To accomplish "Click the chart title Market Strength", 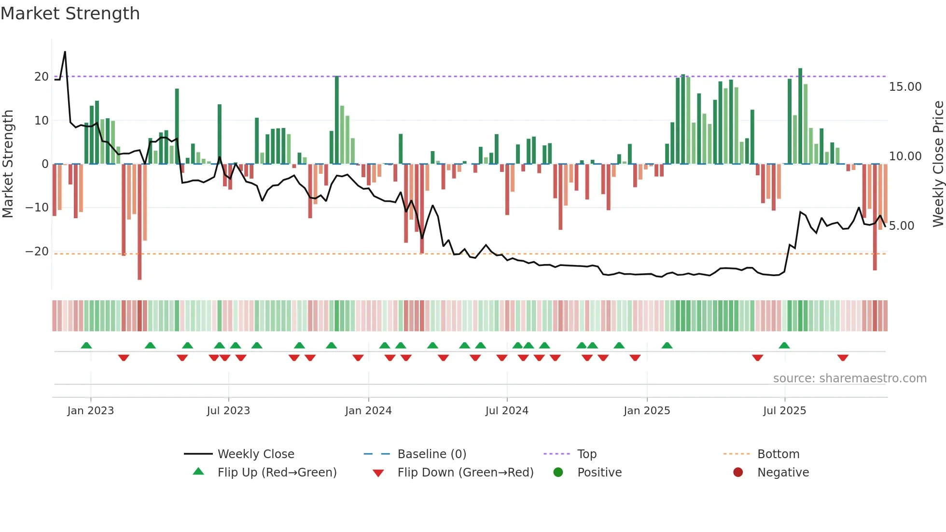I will [x=70, y=14].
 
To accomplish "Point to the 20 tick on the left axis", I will [x=42, y=77].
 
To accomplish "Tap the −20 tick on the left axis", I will [x=37, y=252].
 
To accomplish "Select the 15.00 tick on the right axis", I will [x=905, y=87].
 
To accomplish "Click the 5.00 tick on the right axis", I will [x=901, y=226].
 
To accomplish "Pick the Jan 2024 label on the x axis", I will [x=368, y=411].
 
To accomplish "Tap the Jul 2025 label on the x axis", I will [x=784, y=411].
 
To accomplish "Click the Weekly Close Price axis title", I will [x=938, y=164].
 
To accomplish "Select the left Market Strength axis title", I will [x=8, y=164].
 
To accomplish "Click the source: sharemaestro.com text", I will [x=849, y=378].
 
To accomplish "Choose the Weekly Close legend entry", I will [x=255, y=454].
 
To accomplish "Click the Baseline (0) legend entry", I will [x=431, y=454].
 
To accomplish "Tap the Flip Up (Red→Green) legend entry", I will [x=277, y=473].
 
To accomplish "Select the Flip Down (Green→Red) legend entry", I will [x=465, y=473].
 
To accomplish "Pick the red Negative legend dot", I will [x=738, y=473].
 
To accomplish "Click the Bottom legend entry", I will [x=778, y=454].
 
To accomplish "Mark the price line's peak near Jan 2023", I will [x=65, y=52].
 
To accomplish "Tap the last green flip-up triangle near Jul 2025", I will [x=784, y=345].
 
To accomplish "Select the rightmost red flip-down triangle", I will [x=843, y=358].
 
